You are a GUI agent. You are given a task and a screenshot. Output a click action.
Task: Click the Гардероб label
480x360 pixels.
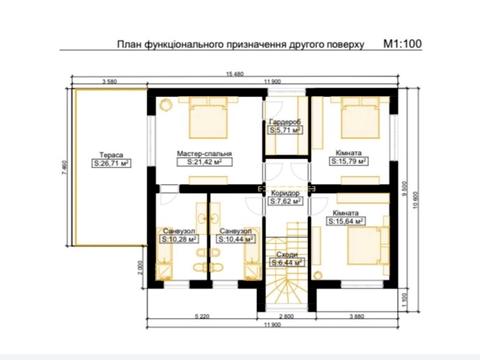[x=285, y=122]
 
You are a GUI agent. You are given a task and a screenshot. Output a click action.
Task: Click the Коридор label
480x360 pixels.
[x=285, y=192]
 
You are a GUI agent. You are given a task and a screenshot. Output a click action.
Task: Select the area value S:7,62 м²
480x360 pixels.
[x=285, y=200]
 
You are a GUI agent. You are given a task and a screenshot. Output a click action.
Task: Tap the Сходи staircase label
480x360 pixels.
[x=291, y=256]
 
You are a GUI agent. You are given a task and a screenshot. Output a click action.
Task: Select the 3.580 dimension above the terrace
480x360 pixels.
[x=110, y=81]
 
